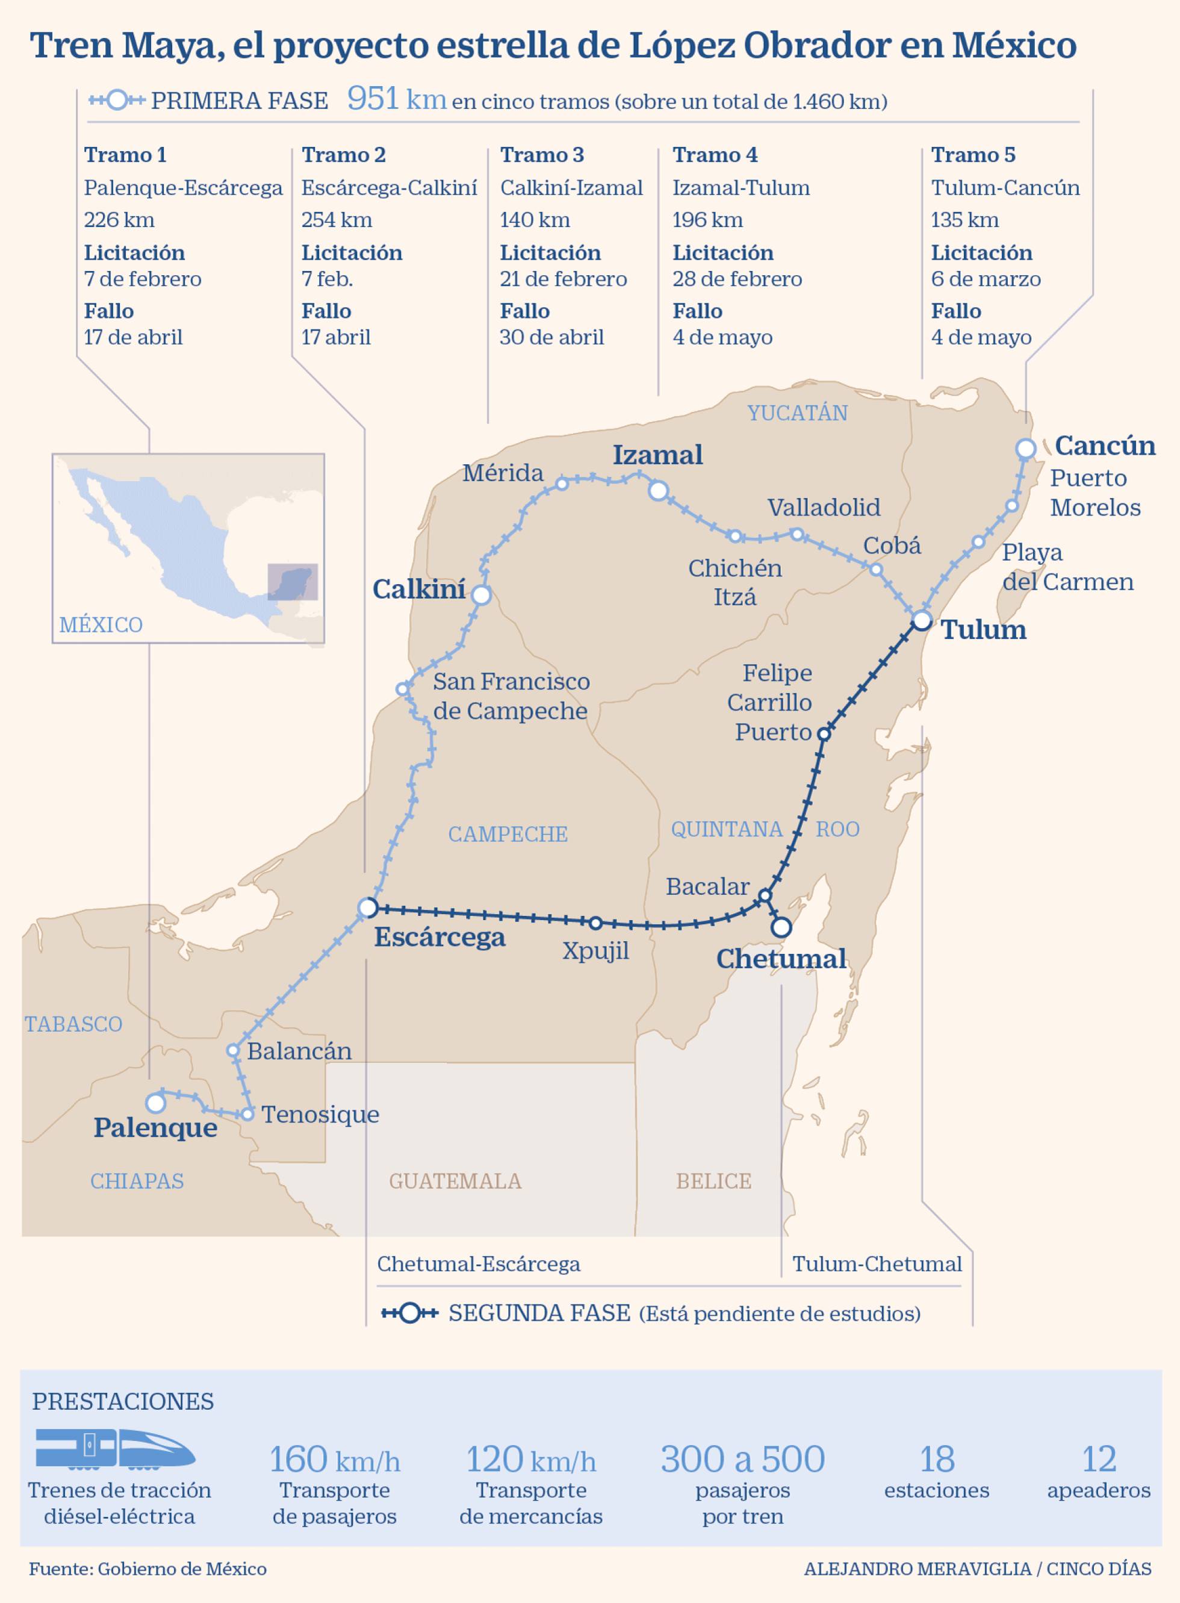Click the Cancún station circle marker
[1026, 449]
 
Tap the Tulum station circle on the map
[922, 620]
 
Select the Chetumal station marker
[782, 927]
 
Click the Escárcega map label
[439, 936]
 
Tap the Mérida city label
[503, 473]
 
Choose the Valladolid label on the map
[824, 507]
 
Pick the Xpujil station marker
[595, 923]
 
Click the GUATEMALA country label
[455, 1181]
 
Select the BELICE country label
[713, 1181]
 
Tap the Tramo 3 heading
[541, 154]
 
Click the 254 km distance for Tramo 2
[337, 219]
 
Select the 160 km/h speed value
[334, 1460]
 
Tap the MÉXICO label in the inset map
[101, 625]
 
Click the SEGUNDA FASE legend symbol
[409, 1313]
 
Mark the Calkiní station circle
[482, 595]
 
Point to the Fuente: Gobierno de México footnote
[148, 1569]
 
